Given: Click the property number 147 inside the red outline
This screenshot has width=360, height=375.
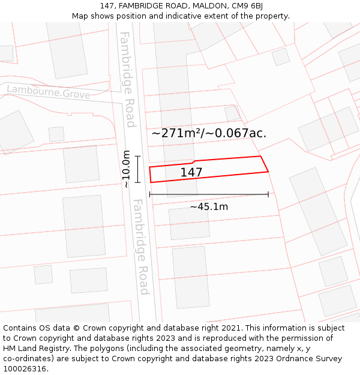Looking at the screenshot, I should pyautogui.click(x=191, y=173).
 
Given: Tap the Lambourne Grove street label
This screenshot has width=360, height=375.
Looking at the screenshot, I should pyautogui.click(x=49, y=92).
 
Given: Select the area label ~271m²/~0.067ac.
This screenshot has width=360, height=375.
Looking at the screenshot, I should pyautogui.click(x=209, y=133).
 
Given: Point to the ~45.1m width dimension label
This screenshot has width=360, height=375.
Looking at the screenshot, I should pyautogui.click(x=209, y=207).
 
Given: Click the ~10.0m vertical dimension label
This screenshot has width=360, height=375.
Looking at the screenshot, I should pyautogui.click(x=126, y=169).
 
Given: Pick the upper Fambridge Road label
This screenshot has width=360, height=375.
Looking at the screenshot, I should pyautogui.click(x=127, y=79).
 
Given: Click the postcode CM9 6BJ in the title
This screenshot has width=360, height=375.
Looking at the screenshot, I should pyautogui.click(x=246, y=6).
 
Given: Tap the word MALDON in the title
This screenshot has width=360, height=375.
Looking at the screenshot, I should pyautogui.click(x=209, y=6).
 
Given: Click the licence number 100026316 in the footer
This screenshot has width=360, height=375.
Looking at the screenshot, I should pyautogui.click(x=26, y=369).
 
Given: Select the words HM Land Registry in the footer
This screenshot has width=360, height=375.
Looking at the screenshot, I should pyautogui.click(x=32, y=349).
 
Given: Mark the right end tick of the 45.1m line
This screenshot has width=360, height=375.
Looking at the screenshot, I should pyautogui.click(x=268, y=194).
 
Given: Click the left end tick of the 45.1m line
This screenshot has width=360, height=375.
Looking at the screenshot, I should pyautogui.click(x=149, y=194).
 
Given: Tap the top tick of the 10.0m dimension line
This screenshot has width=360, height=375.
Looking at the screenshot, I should pyautogui.click(x=137, y=156).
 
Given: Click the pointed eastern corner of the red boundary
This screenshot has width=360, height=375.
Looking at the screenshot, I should pyautogui.click(x=268, y=172).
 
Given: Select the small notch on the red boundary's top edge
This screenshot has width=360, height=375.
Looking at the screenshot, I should pyautogui.click(x=193, y=162).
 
